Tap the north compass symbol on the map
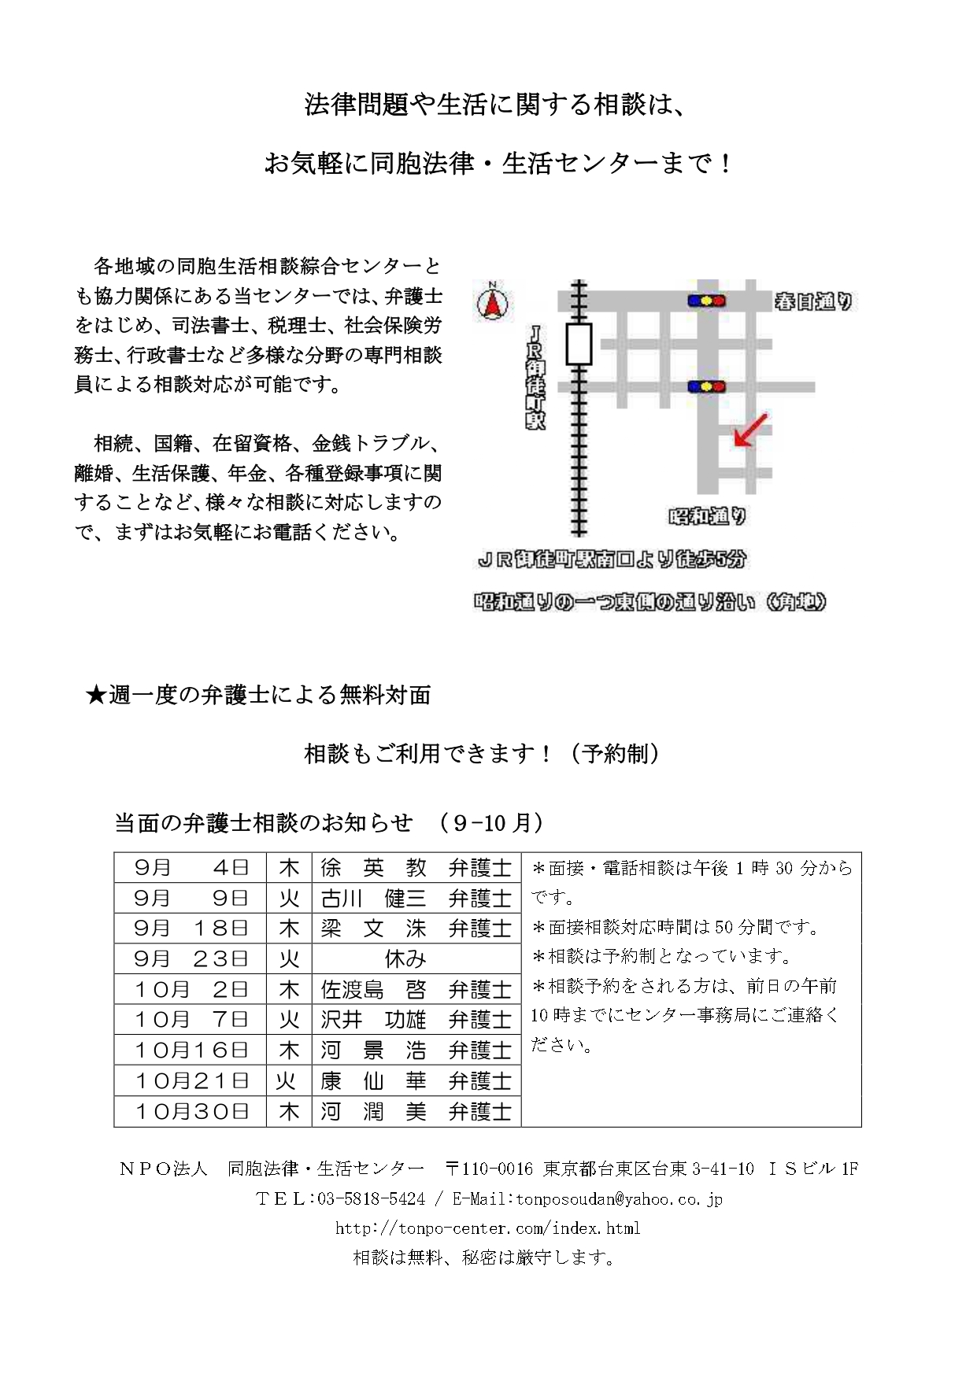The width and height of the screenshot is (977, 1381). (x=493, y=302)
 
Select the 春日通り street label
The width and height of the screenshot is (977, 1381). (x=813, y=301)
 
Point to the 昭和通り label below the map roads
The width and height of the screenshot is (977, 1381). (x=707, y=516)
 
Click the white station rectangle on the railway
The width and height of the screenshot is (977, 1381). (x=579, y=344)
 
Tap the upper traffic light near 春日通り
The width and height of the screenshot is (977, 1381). (x=706, y=301)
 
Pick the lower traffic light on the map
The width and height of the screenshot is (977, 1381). (x=706, y=386)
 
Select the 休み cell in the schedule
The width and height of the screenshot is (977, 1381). (x=405, y=959)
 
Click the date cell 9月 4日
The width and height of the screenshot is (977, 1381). (x=191, y=868)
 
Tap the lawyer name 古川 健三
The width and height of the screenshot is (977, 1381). (x=373, y=899)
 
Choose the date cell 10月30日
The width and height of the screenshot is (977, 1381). (x=191, y=1111)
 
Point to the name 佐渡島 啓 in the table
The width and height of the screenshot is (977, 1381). (x=373, y=990)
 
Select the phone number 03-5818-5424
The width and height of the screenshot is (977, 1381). (x=371, y=1198)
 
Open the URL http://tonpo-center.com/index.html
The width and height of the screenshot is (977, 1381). (x=487, y=1228)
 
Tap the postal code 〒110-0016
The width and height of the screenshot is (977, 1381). (x=489, y=1169)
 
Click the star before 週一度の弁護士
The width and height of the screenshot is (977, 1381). (x=95, y=695)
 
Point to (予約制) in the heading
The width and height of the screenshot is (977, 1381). (x=615, y=753)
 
